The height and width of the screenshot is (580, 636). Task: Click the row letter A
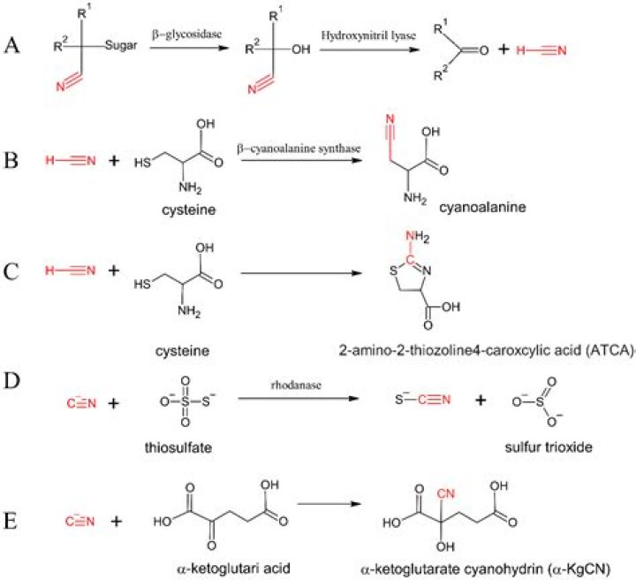(12, 45)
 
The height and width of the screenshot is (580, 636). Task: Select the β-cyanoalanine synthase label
(305, 149)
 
